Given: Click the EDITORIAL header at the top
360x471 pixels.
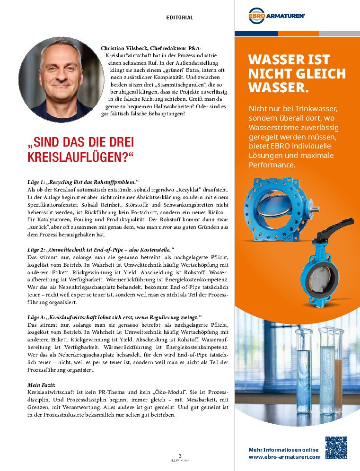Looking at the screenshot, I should pyautogui.click(x=180, y=17).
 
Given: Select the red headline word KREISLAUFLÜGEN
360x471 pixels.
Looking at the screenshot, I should pyautogui.click(x=81, y=157).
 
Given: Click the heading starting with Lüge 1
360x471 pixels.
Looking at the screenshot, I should pyautogui.click(x=83, y=182).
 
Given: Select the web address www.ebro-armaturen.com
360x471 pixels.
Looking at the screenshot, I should pyautogui.click(x=284, y=457).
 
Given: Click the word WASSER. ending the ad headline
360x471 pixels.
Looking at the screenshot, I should pyautogui.click(x=279, y=87).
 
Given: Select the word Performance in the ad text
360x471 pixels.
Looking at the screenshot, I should pyautogui.click(x=272, y=165).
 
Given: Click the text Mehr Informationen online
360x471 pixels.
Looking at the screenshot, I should pyautogui.click(x=283, y=450).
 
